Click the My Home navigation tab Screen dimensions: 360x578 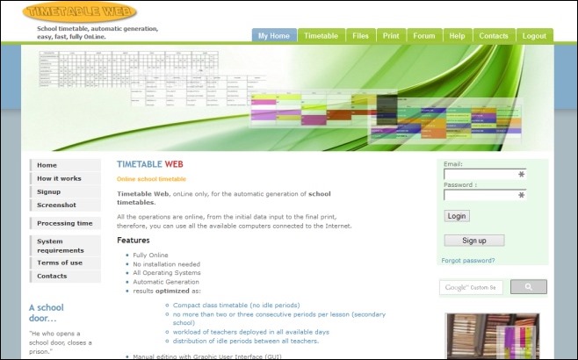273,36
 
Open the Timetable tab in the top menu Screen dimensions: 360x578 321,36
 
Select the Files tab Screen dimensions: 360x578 360,36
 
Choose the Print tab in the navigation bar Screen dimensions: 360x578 391,36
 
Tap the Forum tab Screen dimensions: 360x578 424,36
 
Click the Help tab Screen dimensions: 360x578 457,36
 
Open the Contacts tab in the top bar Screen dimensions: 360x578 494,36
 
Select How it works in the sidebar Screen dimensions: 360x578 59,178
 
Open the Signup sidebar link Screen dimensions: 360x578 49,191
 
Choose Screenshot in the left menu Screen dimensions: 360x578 56,205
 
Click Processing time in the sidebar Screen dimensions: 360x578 64,223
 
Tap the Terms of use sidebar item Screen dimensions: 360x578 60,263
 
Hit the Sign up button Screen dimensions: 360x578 473,240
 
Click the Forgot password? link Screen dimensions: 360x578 468,261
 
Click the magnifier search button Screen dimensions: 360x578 528,287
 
